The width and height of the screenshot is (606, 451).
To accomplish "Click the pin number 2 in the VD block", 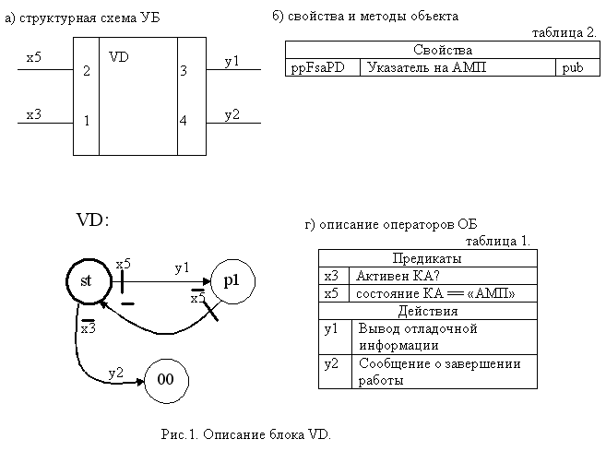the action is click(x=87, y=70).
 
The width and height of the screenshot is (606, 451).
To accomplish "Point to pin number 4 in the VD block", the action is click(x=184, y=121).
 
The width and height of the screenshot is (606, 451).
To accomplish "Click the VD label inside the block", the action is click(x=119, y=57).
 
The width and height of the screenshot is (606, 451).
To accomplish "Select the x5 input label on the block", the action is click(x=33, y=57).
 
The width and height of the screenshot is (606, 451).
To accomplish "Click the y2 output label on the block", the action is click(x=232, y=114).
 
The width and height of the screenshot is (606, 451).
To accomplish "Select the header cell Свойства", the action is click(x=443, y=50).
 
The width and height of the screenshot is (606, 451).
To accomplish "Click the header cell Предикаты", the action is click(x=428, y=258).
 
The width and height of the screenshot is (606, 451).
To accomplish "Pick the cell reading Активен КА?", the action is click(x=443, y=276).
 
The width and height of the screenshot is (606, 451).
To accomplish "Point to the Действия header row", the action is click(x=428, y=311).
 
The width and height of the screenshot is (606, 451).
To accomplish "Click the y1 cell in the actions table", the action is click(x=335, y=337).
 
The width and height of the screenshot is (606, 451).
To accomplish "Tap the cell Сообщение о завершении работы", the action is click(x=445, y=372).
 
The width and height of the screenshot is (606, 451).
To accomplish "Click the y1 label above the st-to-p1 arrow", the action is click(x=182, y=267).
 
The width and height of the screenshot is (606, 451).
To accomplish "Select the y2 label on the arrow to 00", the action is click(x=115, y=373).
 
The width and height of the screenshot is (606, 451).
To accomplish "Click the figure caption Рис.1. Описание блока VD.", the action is click(x=245, y=434).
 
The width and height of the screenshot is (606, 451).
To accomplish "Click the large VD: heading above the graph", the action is click(x=93, y=220).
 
